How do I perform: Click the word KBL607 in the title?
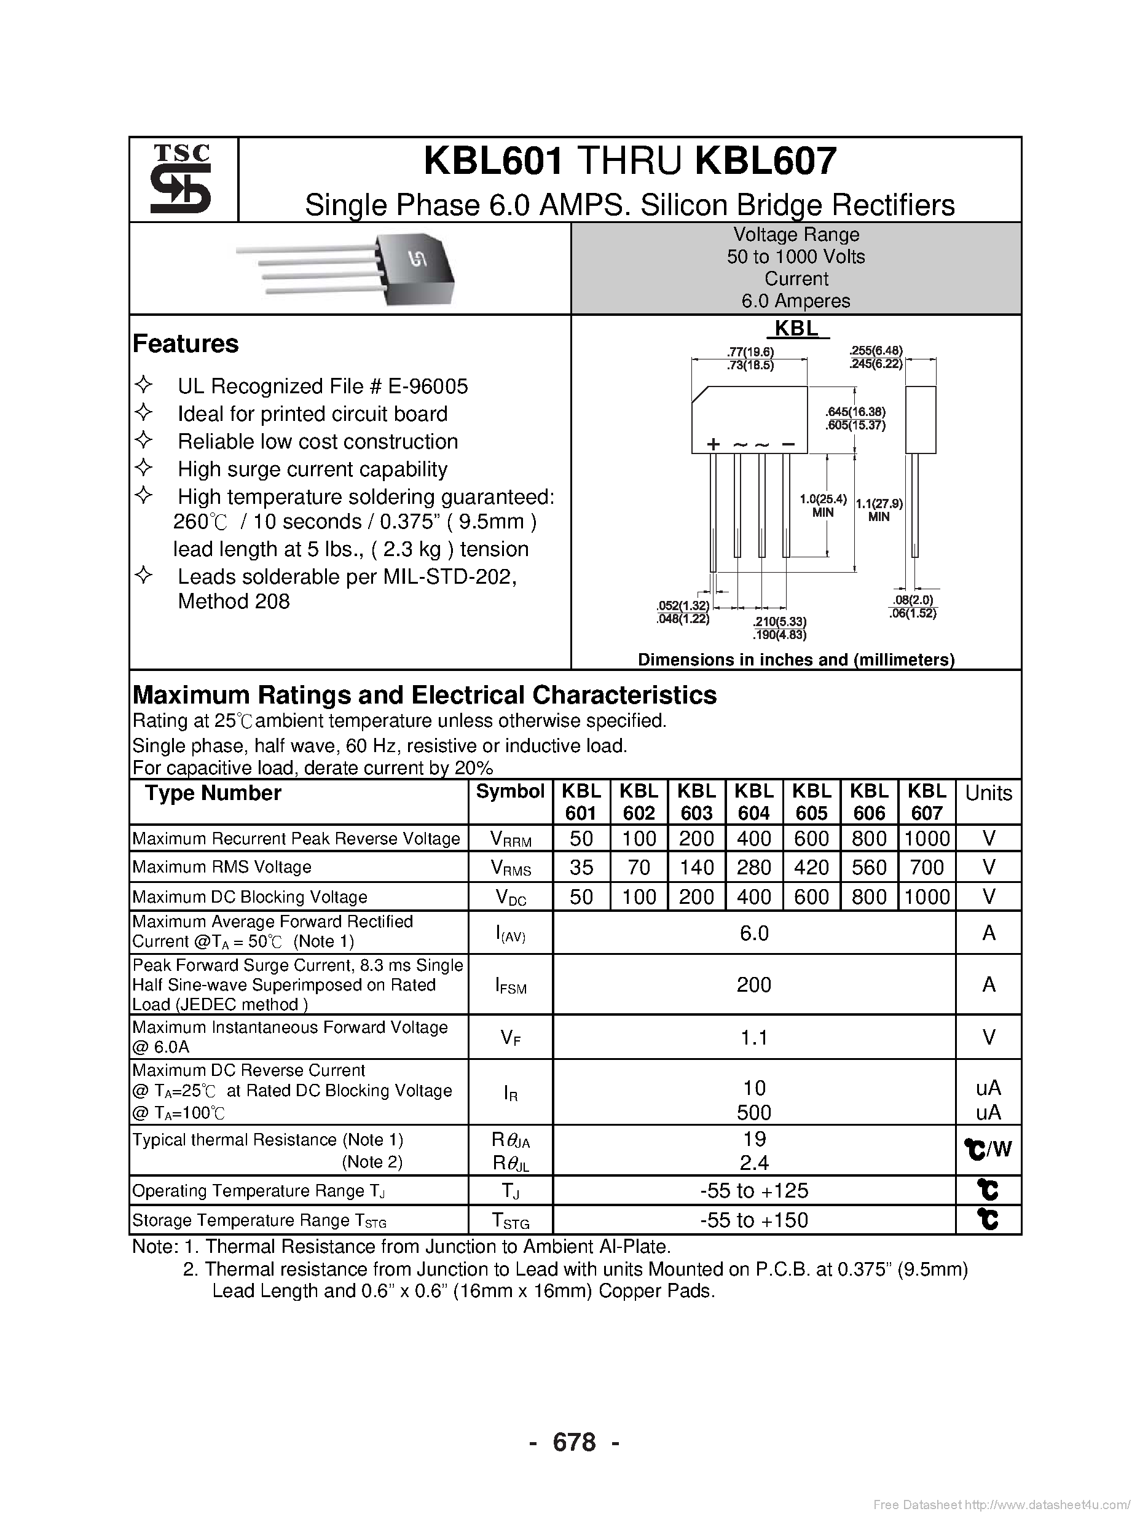[765, 161]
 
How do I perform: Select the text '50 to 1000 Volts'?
[796, 257]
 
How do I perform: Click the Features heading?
[186, 343]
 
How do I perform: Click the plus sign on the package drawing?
[714, 444]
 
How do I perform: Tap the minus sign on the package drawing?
[788, 444]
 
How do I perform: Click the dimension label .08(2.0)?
[913, 600]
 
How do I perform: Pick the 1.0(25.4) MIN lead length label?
[823, 505]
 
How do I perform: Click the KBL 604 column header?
[753, 801]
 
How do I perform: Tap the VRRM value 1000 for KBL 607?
[927, 838]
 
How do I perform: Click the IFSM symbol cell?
[511, 986]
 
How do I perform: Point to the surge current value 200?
[753, 984]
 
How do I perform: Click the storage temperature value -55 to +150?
[753, 1220]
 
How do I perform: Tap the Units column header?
[988, 793]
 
